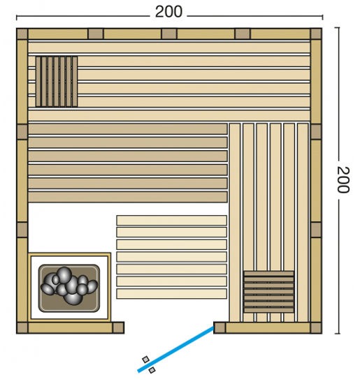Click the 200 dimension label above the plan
pos(168,11)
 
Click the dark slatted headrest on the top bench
pos(55,81)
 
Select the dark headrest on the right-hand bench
pos(268,292)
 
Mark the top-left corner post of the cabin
pos(22,34)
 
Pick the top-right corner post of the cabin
pos(316,34)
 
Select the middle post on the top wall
pos(169,34)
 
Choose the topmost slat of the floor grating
pos(171,220)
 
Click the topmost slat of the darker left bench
pos(127,129)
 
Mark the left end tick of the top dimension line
pos(17,15)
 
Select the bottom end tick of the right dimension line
pos(338,332)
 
